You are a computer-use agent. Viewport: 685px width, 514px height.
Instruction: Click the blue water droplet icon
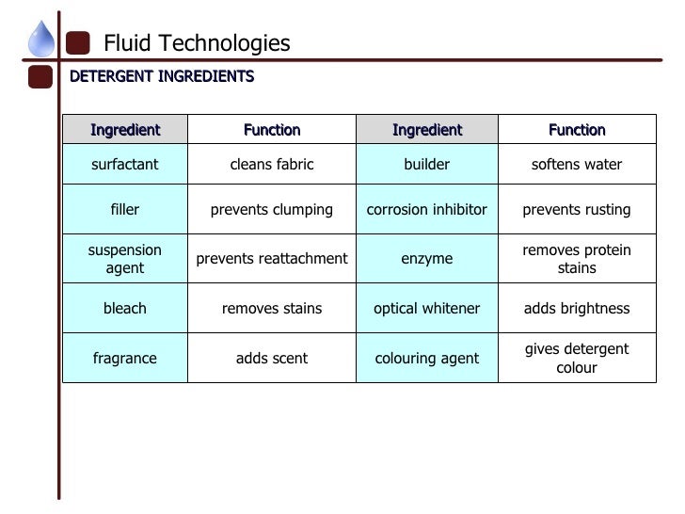(41, 40)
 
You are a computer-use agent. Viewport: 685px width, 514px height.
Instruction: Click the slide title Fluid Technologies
(197, 43)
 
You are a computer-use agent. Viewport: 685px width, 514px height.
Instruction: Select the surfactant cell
(125, 165)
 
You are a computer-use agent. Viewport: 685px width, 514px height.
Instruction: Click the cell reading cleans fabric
(272, 165)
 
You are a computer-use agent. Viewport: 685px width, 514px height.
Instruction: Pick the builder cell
(427, 165)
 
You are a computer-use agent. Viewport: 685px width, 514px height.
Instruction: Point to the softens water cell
(577, 165)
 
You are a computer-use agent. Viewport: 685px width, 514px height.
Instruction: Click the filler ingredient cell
(125, 210)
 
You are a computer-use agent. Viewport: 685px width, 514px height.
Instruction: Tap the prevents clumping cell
(272, 210)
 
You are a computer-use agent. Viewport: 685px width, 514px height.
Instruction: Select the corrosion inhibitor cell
(427, 210)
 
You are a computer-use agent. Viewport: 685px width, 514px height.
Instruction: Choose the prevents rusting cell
(577, 210)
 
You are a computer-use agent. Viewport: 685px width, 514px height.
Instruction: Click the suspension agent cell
(125, 259)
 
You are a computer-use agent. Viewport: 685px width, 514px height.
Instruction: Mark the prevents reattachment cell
(272, 259)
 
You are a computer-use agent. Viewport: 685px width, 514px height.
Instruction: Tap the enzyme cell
(427, 259)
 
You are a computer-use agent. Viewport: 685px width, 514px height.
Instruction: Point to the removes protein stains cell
(577, 259)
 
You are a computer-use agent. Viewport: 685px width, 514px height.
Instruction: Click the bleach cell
(125, 308)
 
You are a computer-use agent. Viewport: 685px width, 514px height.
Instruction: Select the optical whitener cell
(427, 308)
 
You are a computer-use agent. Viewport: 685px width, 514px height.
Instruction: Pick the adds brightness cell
(577, 308)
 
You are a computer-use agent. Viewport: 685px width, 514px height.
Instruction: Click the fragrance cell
(125, 358)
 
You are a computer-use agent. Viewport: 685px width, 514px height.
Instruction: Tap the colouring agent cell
(427, 358)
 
